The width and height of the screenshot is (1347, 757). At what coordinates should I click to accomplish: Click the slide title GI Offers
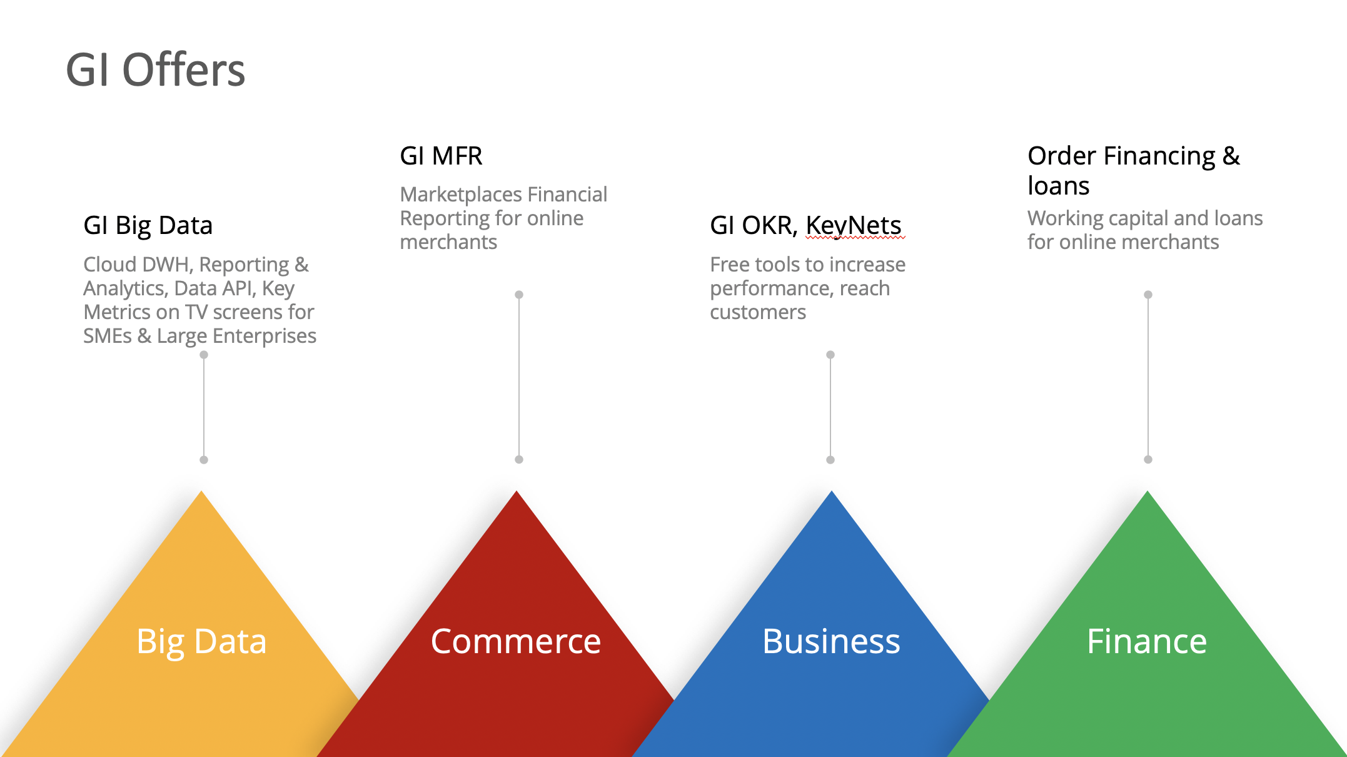pyautogui.click(x=155, y=69)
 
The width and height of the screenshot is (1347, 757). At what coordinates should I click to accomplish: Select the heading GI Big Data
pyautogui.click(x=148, y=226)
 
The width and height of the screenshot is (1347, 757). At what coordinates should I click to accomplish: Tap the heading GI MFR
pyautogui.click(x=441, y=156)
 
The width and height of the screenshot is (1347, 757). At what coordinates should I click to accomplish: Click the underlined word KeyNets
pyautogui.click(x=854, y=226)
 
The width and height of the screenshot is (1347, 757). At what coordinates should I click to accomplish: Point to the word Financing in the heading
pyautogui.click(x=1159, y=156)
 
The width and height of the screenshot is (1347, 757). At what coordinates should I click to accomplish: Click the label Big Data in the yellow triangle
pyautogui.click(x=201, y=642)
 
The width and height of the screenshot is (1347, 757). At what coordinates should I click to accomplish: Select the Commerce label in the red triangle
pyautogui.click(x=516, y=641)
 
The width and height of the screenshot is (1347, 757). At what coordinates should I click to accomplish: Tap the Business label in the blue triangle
pyautogui.click(x=831, y=641)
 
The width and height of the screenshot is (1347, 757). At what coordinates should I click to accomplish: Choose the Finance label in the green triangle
pyautogui.click(x=1147, y=641)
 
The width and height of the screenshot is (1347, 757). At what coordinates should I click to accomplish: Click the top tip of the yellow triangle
pyautogui.click(x=201, y=491)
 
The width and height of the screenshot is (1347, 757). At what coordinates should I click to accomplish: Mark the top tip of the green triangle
pyautogui.click(x=1148, y=491)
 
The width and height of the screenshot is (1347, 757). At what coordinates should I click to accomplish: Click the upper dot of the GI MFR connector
pyautogui.click(x=519, y=295)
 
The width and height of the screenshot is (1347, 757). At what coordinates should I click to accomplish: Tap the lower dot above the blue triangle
pyautogui.click(x=830, y=460)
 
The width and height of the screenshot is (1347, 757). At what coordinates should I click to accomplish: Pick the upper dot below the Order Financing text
pyautogui.click(x=1148, y=295)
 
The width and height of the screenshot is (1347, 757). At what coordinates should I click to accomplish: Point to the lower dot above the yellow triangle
pyautogui.click(x=204, y=460)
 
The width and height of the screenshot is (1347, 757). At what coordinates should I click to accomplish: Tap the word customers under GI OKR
pyautogui.click(x=758, y=312)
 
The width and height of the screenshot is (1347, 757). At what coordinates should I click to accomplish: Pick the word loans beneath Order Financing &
pyautogui.click(x=1058, y=186)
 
